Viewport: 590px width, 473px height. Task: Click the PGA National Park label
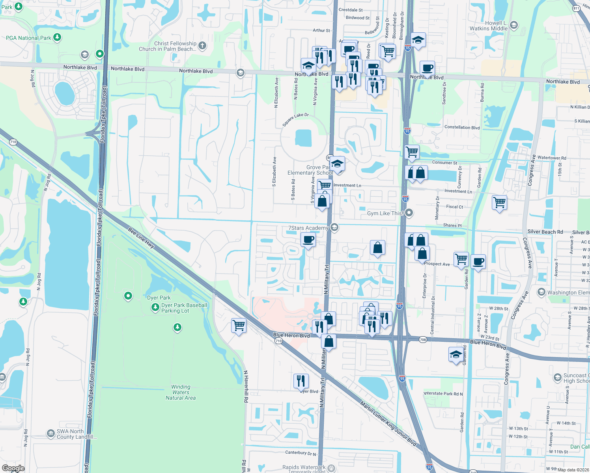pos(28,38)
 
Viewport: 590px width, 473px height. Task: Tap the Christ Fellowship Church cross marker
pos(202,46)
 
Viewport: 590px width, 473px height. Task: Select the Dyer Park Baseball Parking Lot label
pos(184,308)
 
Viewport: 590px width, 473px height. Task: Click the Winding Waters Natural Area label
pos(181,392)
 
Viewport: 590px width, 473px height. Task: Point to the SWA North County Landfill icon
pos(50,434)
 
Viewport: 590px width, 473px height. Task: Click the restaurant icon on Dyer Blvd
pos(301,381)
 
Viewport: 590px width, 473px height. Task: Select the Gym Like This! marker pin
pos(409,213)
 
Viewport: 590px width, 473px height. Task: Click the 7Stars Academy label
pos(308,228)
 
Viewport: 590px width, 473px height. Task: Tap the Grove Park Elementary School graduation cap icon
pos(337,164)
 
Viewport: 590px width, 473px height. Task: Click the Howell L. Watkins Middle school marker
pos(513,26)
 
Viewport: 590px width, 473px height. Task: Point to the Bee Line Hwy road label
pos(141,237)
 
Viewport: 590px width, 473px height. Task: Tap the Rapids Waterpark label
pos(304,467)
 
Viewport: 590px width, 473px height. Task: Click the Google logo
pos(13,468)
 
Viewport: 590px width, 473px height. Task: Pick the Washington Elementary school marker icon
pos(541,292)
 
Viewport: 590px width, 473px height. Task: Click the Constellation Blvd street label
pos(462,127)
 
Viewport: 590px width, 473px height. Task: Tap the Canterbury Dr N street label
pos(301,453)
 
